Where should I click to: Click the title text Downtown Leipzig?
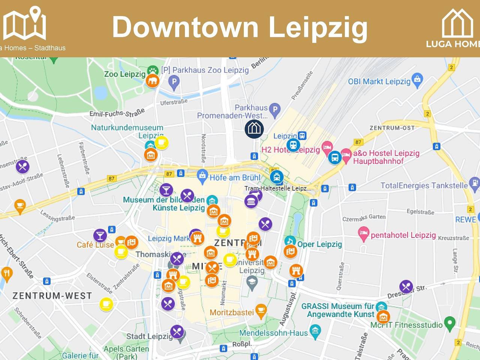(x=240, y=27)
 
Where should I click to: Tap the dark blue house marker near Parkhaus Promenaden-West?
(x=254, y=128)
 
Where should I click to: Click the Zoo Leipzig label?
(x=124, y=74)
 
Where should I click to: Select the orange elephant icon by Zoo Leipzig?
(x=152, y=81)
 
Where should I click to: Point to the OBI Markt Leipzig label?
(x=379, y=82)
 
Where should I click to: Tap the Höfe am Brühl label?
(x=235, y=178)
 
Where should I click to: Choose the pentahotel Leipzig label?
(x=403, y=235)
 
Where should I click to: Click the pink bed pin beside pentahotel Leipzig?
(x=363, y=233)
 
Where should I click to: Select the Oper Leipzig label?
(x=319, y=244)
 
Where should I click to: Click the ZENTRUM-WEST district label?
(x=52, y=296)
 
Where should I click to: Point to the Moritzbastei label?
(x=232, y=312)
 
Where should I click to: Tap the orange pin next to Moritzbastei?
(x=261, y=310)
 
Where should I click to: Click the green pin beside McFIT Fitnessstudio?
(x=450, y=323)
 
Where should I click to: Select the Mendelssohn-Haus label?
(x=273, y=333)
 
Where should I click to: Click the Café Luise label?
(x=95, y=245)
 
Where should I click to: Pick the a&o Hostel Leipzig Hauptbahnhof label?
(x=386, y=157)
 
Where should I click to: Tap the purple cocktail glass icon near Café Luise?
(x=100, y=235)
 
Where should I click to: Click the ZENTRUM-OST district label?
(x=392, y=128)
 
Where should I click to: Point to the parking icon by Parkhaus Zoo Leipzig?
(x=174, y=81)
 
